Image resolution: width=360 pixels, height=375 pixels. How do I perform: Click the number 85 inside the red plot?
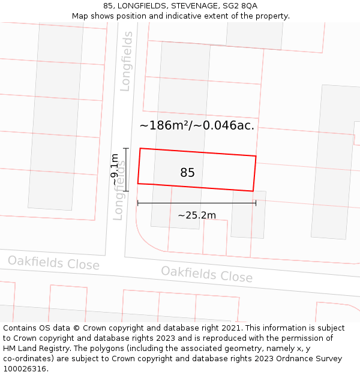(187, 173)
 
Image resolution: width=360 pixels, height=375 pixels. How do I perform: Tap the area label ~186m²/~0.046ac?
(197, 125)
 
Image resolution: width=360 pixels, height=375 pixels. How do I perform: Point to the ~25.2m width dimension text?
(197, 215)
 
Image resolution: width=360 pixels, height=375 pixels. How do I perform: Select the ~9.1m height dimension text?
(115, 170)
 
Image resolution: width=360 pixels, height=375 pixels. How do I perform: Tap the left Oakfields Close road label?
(53, 263)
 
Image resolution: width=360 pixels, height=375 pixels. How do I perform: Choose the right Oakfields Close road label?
(206, 274)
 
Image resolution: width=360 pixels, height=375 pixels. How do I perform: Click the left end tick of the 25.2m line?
(138, 203)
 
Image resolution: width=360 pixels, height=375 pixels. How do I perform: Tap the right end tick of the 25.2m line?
(256, 203)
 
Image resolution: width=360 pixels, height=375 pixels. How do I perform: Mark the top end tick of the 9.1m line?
(126, 148)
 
